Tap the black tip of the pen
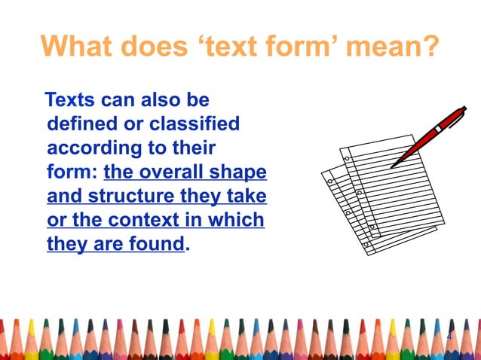click(x=394, y=165)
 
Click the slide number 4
click(x=449, y=336)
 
